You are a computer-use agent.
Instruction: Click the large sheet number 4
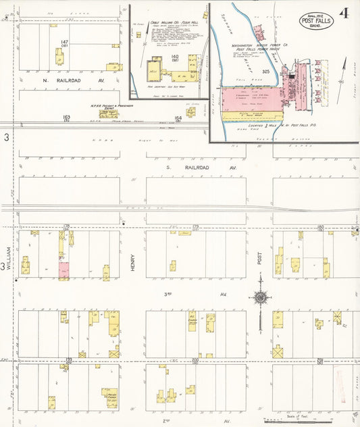click(344, 14)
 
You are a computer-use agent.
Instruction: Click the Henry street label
click(133, 263)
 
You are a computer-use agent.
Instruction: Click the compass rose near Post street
click(260, 297)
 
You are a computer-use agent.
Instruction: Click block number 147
click(64, 43)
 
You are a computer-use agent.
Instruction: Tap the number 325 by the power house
click(266, 70)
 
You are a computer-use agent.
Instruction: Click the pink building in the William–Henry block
click(64, 269)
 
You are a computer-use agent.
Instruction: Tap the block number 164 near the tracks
click(178, 118)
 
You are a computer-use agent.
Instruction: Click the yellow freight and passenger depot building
click(107, 114)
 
